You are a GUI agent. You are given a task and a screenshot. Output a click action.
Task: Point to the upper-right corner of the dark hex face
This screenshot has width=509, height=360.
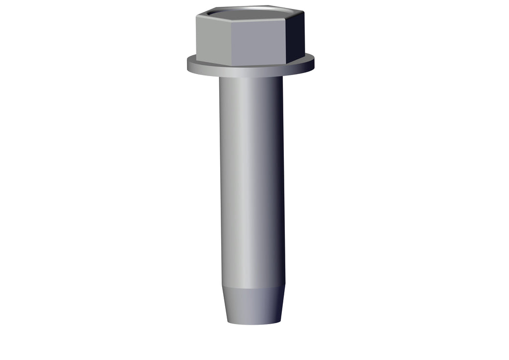pyautogui.click(x=304, y=12)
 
